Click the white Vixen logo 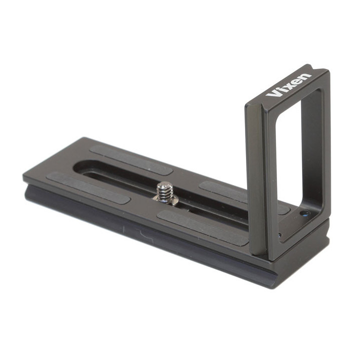pos(288,85)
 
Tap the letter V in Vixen pos(272,93)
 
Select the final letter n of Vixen pos(306,76)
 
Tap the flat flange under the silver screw pos(166,200)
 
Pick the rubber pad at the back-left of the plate pos(131,159)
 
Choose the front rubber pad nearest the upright pos(203,228)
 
